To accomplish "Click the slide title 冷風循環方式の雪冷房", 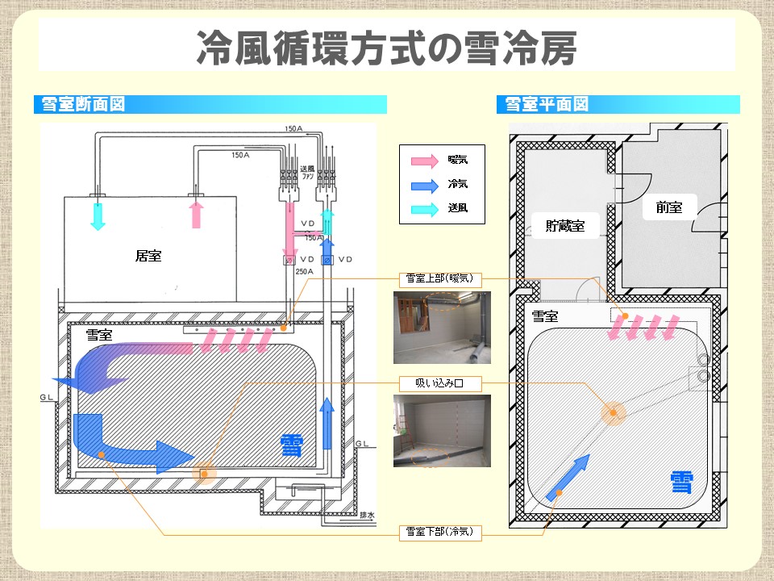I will click(386, 48).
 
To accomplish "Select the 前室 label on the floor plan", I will click(668, 207).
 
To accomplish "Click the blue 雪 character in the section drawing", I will click(292, 445).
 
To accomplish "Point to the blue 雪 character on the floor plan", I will click(682, 483).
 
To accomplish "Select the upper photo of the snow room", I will click(440, 328).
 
